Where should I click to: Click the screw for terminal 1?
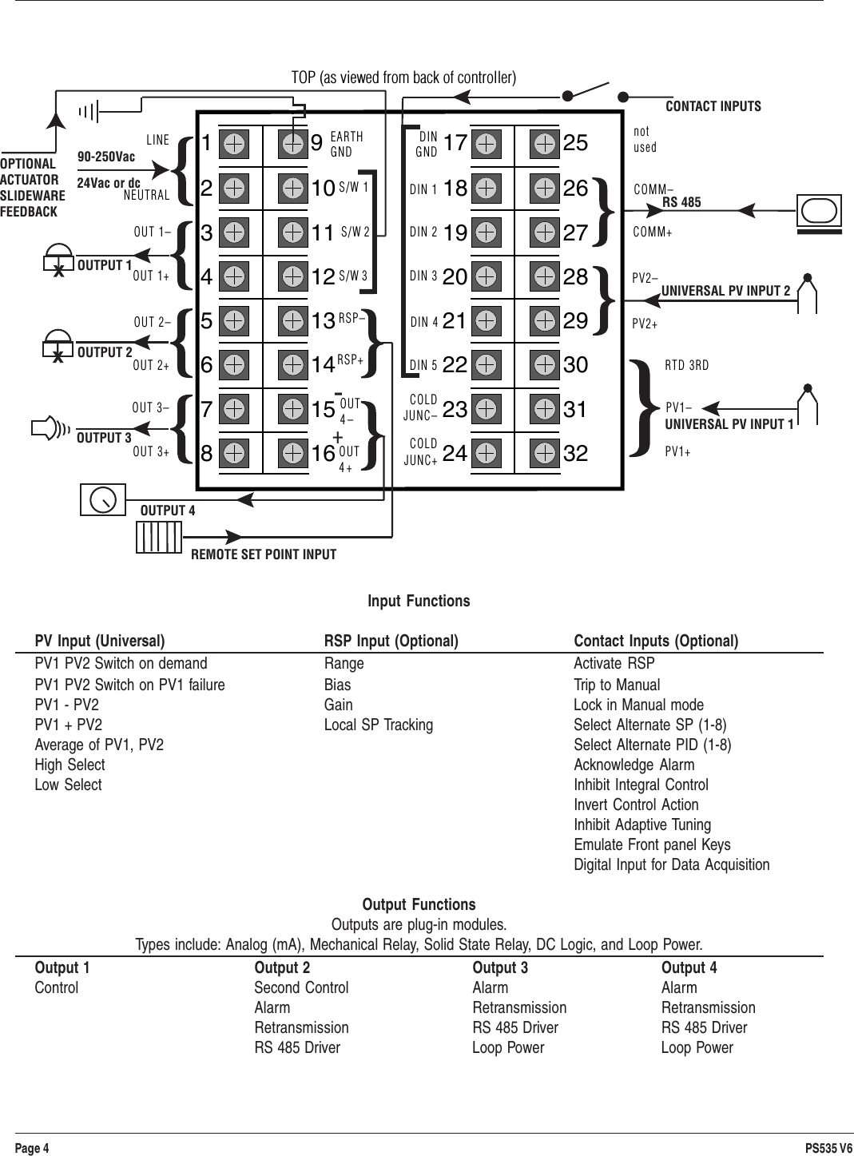(x=234, y=145)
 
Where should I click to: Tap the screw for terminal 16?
(x=293, y=453)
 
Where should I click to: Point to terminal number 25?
(x=575, y=144)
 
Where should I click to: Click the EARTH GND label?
(x=347, y=145)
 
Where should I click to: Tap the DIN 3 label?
(x=423, y=277)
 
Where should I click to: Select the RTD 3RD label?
(x=687, y=366)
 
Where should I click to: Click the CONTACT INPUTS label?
(x=713, y=106)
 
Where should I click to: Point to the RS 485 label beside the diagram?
(x=681, y=202)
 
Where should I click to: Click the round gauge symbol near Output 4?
(x=103, y=499)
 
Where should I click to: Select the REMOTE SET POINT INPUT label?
(x=264, y=554)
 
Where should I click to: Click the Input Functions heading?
(x=419, y=601)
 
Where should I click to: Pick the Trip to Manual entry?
(x=617, y=685)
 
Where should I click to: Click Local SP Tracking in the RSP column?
(x=379, y=725)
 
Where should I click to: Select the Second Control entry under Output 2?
(x=301, y=987)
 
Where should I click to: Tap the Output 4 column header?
(x=689, y=967)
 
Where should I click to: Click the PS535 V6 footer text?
(x=828, y=1148)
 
